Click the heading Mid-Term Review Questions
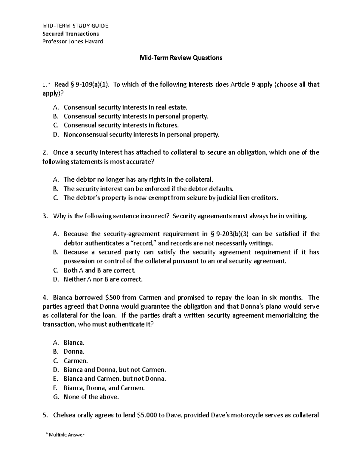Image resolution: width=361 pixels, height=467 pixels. click(180, 58)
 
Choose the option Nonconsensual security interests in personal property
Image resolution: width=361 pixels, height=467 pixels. click(141, 135)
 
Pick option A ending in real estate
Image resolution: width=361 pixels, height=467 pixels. click(125, 107)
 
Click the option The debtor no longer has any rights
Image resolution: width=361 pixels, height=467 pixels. click(138, 180)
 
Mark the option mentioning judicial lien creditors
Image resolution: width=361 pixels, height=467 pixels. click(171, 198)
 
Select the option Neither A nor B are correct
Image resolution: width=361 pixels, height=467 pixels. click(103, 279)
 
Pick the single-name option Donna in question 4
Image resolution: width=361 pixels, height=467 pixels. click(74, 352)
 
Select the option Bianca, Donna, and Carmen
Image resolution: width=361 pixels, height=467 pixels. click(104, 388)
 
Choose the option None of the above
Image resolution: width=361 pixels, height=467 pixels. click(91, 397)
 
